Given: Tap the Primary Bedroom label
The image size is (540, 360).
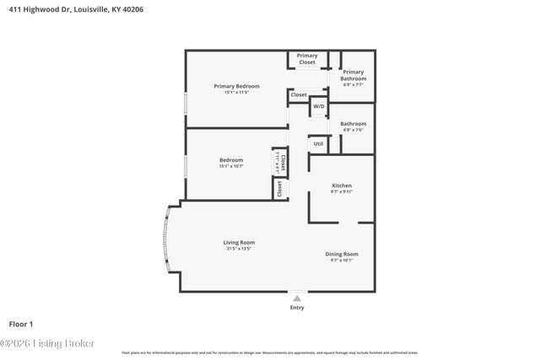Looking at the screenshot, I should click(236, 86).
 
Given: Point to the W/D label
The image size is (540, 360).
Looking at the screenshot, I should click(318, 107).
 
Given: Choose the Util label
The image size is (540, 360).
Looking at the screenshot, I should click(318, 143).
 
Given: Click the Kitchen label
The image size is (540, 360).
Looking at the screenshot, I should click(341, 185).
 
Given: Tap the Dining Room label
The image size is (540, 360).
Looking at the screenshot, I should click(342, 254).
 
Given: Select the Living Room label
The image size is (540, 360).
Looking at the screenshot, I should click(239, 242).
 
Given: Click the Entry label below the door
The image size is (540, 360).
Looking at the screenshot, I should click(297, 307).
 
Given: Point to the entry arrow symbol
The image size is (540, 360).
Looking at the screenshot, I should click(296, 298).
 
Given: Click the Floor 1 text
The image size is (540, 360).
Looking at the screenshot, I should click(20, 324).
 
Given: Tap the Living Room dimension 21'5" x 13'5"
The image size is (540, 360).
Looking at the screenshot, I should click(239, 249).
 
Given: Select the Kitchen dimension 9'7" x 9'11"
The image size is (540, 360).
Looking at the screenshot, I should click(341, 192).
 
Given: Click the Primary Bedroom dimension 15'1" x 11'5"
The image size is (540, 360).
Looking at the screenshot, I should click(236, 93).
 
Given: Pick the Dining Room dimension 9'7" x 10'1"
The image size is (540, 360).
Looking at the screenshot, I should click(342, 261).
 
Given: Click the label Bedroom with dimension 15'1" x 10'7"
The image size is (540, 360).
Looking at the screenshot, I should click(231, 160).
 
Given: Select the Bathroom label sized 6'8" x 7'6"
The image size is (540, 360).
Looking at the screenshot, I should click(353, 124).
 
